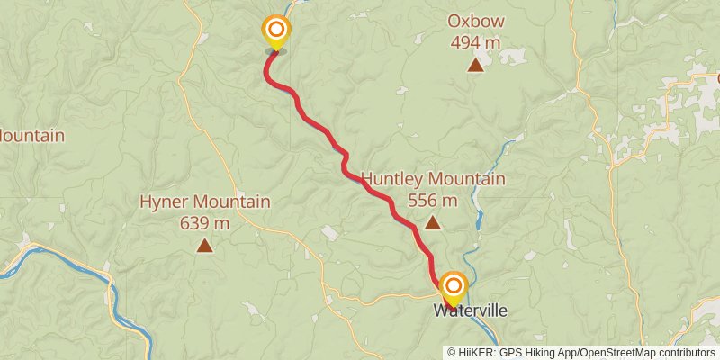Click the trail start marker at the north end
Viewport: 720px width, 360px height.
275,31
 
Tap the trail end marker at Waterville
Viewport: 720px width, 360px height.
452,287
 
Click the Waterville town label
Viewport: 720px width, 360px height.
471,310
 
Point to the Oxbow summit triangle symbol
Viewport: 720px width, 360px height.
475,65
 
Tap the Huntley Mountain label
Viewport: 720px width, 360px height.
433,180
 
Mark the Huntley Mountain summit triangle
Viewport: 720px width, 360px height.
433,223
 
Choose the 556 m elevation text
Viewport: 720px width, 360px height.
433,201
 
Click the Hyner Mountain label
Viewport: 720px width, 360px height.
205,202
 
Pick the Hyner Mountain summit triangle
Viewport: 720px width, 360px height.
205,245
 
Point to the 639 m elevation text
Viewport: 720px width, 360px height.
205,222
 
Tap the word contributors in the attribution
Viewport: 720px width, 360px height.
686,353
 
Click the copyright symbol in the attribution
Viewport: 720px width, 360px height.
452,353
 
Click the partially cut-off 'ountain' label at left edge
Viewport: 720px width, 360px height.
31,136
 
